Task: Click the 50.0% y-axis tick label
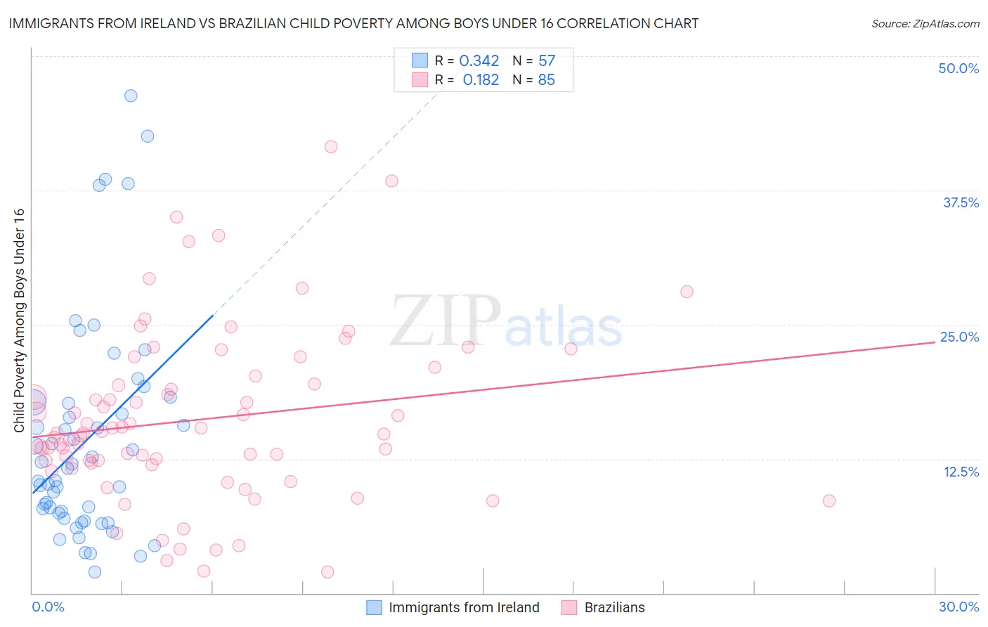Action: [x=958, y=68]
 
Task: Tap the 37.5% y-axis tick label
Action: [x=961, y=202]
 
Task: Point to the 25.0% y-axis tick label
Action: [x=959, y=337]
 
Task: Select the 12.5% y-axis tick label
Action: [x=961, y=472]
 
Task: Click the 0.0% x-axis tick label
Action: [x=48, y=607]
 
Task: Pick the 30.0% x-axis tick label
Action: [x=958, y=607]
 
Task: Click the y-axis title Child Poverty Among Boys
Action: [x=19, y=321]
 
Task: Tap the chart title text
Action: [x=353, y=23]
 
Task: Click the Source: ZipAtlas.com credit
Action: [x=925, y=23]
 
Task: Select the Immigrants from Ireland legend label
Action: [x=464, y=607]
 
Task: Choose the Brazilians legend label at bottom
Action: [x=614, y=607]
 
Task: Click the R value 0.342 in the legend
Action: [x=479, y=61]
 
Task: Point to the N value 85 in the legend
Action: [x=546, y=80]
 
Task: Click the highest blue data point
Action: [x=131, y=96]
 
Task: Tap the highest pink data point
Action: [x=331, y=147]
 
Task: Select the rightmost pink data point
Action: [x=829, y=500]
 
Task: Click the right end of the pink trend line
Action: [x=935, y=342]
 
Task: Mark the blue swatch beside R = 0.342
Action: [x=420, y=60]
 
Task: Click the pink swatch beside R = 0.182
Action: [x=420, y=79]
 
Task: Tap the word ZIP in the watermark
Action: [x=446, y=321]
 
